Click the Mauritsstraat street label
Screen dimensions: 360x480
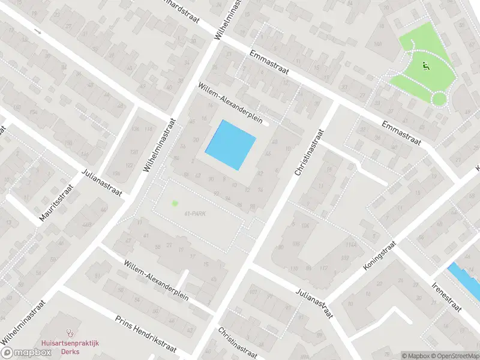[52, 205]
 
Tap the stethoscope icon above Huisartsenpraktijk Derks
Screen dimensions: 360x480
[70, 331]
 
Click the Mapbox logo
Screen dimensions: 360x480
[26, 353]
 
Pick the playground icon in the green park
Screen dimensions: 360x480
[427, 66]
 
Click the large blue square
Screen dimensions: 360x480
[231, 145]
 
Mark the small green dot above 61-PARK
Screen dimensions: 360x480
[175, 203]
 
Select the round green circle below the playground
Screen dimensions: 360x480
[440, 98]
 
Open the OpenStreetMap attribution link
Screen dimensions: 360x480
[454, 355]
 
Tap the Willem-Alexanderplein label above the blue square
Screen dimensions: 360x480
[231, 103]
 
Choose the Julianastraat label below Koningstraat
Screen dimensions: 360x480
[314, 302]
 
